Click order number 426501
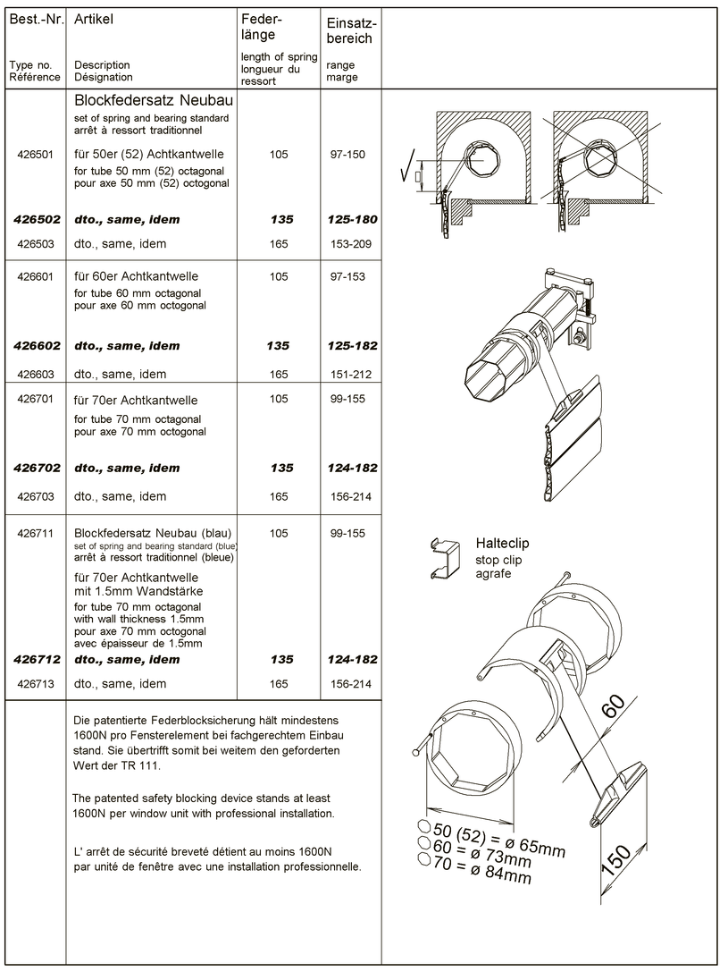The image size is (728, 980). [35, 155]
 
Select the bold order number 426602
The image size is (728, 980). [38, 346]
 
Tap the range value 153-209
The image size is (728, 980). [351, 244]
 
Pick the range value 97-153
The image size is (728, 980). [347, 276]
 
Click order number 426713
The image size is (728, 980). [36, 684]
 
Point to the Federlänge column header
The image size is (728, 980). [262, 27]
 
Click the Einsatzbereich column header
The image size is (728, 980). [352, 30]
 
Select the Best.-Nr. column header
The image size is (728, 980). [37, 19]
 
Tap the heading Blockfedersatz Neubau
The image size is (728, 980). [154, 100]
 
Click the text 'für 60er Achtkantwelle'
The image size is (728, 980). [136, 276]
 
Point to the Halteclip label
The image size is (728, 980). [502, 543]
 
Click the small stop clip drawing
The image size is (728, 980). [444, 559]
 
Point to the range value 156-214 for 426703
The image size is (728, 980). [351, 496]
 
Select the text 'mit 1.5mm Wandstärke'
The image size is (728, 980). [138, 591]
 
